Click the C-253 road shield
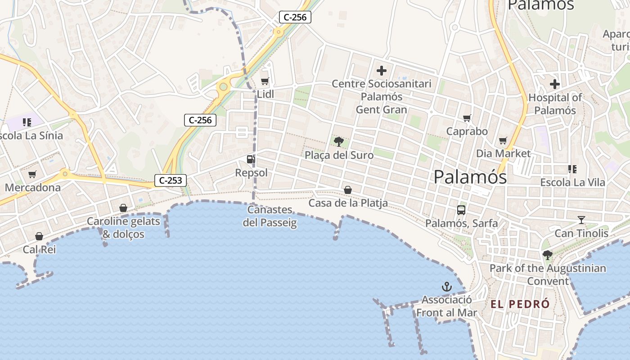pyautogui.click(x=171, y=180)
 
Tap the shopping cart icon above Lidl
pyautogui.click(x=265, y=81)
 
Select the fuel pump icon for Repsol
pyautogui.click(x=250, y=159)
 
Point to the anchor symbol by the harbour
pyautogui.click(x=446, y=287)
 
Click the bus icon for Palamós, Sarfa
pyautogui.click(x=461, y=210)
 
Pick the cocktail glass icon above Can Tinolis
pyautogui.click(x=581, y=220)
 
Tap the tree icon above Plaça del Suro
pyautogui.click(x=339, y=142)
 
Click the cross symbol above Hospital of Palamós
pyautogui.click(x=555, y=84)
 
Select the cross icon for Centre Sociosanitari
pyautogui.click(x=382, y=71)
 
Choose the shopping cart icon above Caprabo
pyautogui.click(x=467, y=118)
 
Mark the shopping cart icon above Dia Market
pyautogui.click(x=503, y=140)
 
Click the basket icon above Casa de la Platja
pyautogui.click(x=348, y=190)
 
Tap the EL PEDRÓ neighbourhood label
pyautogui.click(x=520, y=304)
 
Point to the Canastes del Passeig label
pyautogui.click(x=270, y=216)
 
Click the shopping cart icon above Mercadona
pyautogui.click(x=32, y=175)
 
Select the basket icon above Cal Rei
pyautogui.click(x=39, y=236)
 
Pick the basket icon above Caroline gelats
pyautogui.click(x=123, y=208)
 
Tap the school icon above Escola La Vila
pyautogui.click(x=572, y=169)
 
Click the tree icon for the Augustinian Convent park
pyautogui.click(x=548, y=256)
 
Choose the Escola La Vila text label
pyautogui.click(x=572, y=182)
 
